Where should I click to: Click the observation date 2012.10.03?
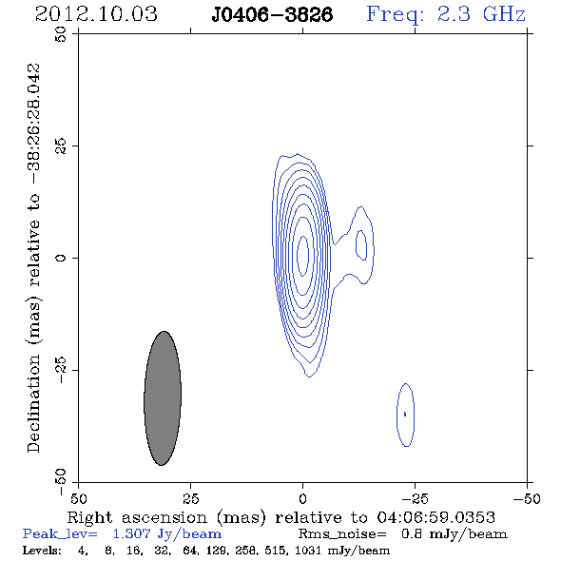pos(96,14)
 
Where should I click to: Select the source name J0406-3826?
pos(272,14)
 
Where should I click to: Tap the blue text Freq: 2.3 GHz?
pos(446,14)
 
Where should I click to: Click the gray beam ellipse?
pos(163,398)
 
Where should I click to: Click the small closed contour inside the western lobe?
pos(357,245)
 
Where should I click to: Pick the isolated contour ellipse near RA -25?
pos(397,415)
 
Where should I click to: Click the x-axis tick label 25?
pos(191,498)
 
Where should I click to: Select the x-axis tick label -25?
pos(415,498)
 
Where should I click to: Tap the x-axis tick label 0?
pos(303,498)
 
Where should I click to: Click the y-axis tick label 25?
pos(61,146)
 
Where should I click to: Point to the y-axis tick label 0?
pos(61,258)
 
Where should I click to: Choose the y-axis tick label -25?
pos(61,370)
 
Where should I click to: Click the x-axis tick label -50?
pos(527,498)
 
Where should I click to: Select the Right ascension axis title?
pos(281,517)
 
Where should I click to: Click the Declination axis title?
pos(33,258)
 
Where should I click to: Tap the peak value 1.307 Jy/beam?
pos(167,534)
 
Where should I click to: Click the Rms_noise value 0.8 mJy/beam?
pos(454,534)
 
